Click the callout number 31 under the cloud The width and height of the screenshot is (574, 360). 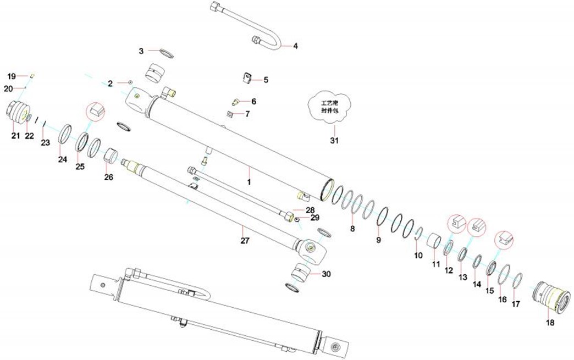334,140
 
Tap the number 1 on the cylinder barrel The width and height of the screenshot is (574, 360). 249,181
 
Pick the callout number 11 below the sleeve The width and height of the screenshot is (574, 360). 436,264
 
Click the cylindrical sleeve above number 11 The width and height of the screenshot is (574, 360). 435,241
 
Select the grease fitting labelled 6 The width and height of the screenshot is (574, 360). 235,102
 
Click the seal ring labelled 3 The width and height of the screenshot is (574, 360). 165,54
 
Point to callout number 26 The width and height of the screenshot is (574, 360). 108,178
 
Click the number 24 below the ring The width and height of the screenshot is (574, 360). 63,159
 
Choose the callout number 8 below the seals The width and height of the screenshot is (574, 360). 352,227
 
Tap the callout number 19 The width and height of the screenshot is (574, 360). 12,76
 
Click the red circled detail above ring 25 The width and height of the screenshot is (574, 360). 96,110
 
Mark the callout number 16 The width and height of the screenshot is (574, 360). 503,299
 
